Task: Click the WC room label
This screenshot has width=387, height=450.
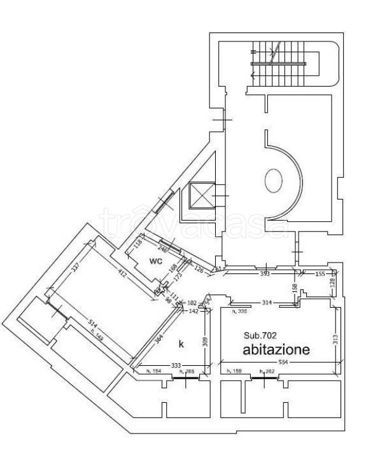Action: click(x=157, y=261)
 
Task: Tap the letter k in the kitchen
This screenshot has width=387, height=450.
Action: click(x=181, y=344)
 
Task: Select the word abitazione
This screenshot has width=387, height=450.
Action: click(x=276, y=349)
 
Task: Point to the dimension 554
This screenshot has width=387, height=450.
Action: click(x=282, y=362)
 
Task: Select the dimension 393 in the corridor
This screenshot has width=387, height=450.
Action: click(x=265, y=274)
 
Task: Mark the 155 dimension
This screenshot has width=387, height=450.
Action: click(x=320, y=273)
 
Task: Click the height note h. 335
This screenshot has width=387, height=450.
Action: click(x=239, y=311)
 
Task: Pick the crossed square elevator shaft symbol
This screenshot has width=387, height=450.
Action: click(x=199, y=196)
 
